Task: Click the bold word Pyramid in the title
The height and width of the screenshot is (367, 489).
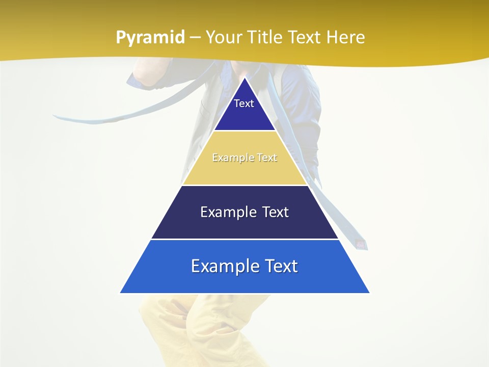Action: [150, 38]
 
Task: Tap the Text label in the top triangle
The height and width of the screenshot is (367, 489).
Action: [244, 103]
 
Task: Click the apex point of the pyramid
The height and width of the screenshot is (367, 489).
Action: [244, 78]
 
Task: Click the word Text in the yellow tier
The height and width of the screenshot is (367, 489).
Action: [267, 158]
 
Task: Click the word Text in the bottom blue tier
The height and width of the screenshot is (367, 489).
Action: [280, 266]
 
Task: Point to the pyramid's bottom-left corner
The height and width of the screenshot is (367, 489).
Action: [121, 293]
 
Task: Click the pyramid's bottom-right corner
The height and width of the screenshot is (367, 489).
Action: [369, 293]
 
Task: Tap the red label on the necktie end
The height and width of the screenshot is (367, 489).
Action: [361, 244]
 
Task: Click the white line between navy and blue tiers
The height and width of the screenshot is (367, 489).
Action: [244, 239]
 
